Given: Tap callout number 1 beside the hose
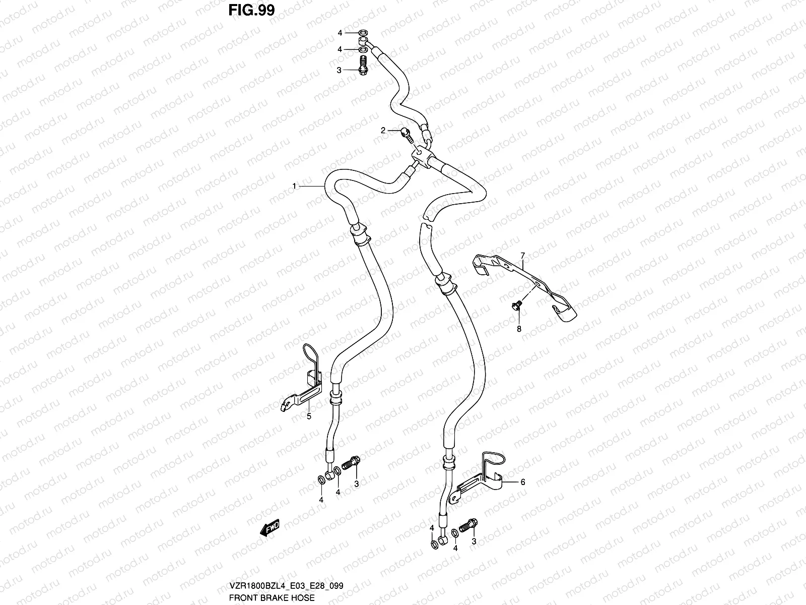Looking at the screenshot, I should pos(294,187).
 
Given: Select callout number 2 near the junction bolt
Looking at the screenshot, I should pos(383,131).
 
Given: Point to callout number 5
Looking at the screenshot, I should pos(309,416).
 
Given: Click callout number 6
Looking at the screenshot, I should pos(523,482).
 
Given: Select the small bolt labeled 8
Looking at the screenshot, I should pos(516,305).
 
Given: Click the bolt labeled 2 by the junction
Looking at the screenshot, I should pos(406,134).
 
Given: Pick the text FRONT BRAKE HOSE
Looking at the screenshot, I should pos(272,597).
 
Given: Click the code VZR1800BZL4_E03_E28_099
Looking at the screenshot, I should pos(286,586).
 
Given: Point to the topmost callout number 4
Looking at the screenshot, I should pos(340,33).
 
